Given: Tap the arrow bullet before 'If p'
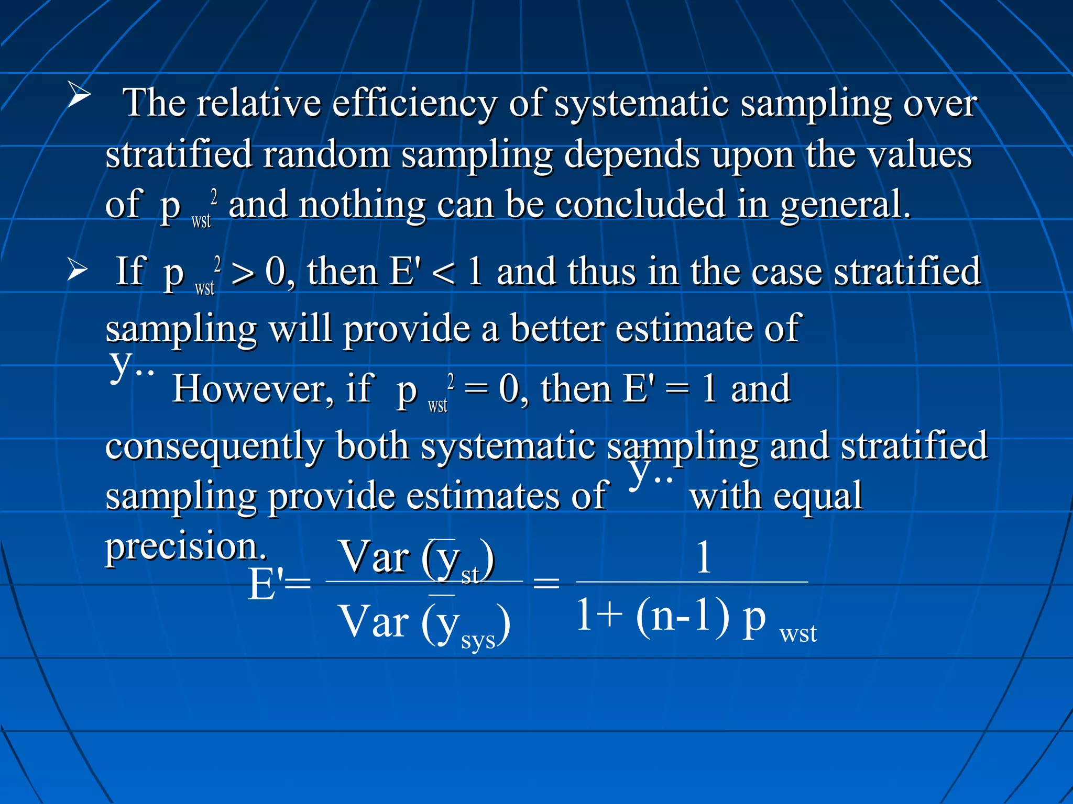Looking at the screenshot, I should (x=78, y=271).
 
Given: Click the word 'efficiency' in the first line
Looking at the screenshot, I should (x=414, y=103).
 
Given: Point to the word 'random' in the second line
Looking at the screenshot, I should (x=326, y=154).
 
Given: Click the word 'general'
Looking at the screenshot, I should (x=844, y=205).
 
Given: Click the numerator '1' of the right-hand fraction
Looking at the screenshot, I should (x=704, y=557).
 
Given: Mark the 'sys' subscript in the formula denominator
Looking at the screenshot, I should (x=478, y=640).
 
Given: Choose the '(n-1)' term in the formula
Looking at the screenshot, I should (x=682, y=616).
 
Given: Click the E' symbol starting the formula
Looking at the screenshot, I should (x=266, y=584).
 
